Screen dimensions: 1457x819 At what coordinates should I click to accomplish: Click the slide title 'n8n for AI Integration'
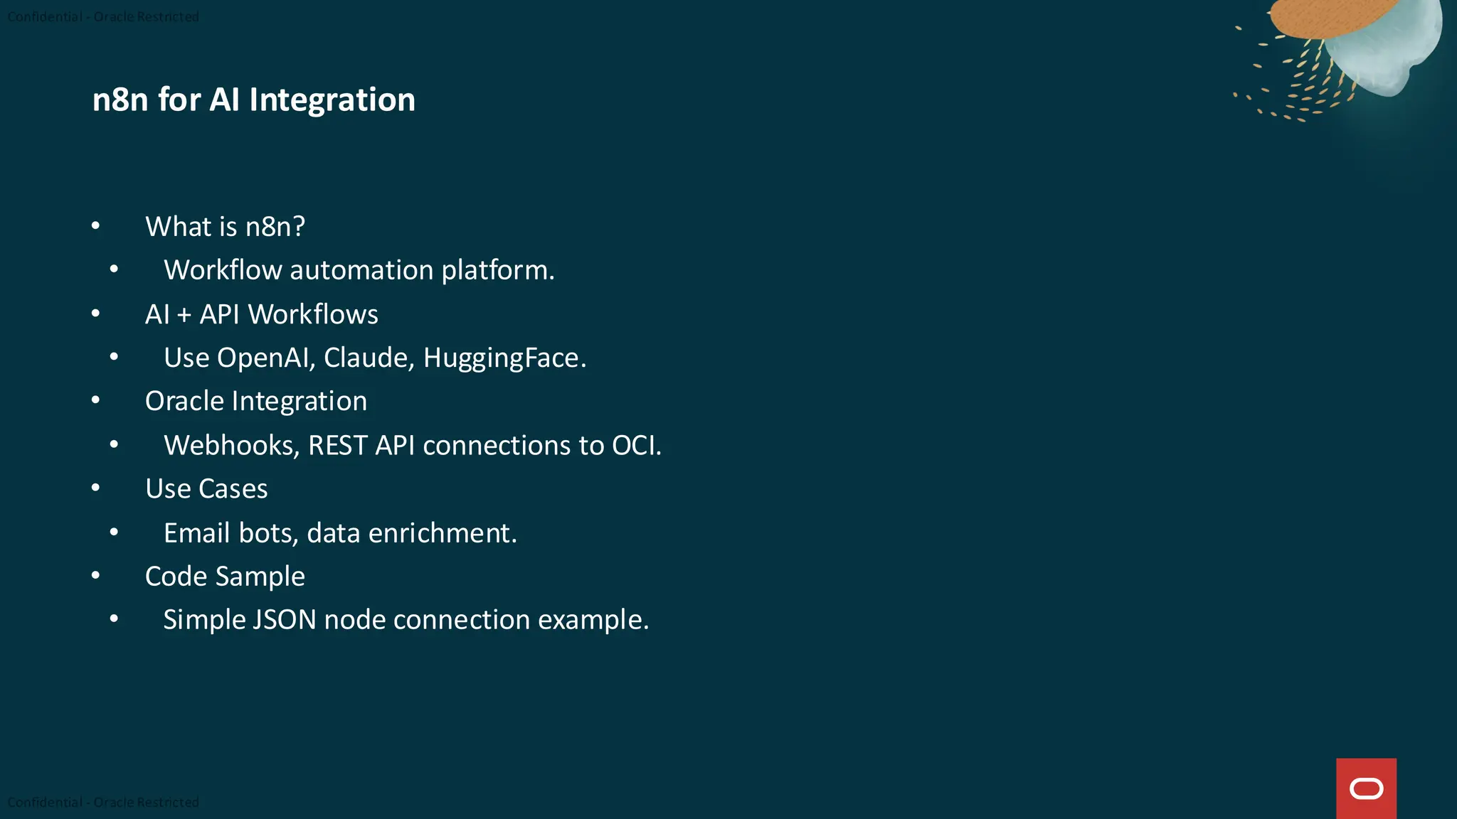(x=253, y=100)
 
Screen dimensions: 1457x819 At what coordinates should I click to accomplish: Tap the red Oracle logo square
(x=1366, y=788)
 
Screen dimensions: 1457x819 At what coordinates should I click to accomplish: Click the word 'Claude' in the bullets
(x=368, y=358)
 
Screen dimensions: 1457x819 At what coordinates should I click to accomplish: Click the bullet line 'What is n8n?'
(x=225, y=227)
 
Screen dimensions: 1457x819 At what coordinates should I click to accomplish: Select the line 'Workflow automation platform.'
(x=359, y=270)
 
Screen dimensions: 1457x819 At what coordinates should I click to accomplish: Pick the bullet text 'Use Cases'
(x=206, y=489)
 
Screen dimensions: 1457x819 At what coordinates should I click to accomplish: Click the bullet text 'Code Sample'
(x=225, y=577)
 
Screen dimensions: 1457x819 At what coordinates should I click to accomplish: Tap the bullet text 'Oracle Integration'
(x=256, y=402)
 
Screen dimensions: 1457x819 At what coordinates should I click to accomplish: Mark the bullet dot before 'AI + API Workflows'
(x=95, y=314)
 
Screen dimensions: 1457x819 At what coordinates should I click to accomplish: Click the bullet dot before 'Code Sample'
(x=95, y=575)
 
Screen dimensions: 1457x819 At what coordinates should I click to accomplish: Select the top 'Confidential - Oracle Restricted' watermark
(x=103, y=16)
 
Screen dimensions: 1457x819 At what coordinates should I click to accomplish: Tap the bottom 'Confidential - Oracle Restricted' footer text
(x=103, y=802)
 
